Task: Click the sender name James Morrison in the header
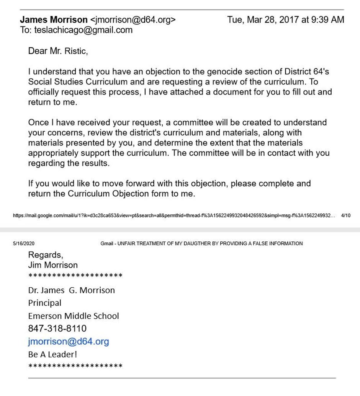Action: click(54, 20)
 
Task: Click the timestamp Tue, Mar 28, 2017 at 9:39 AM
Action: click(285, 20)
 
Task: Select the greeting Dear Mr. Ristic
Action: click(58, 51)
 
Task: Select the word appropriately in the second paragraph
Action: click(59, 153)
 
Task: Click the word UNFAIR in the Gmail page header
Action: click(133, 243)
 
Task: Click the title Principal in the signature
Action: click(45, 303)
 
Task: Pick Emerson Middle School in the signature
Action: click(74, 316)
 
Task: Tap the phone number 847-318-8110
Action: click(57, 329)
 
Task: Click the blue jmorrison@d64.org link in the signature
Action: click(69, 342)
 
